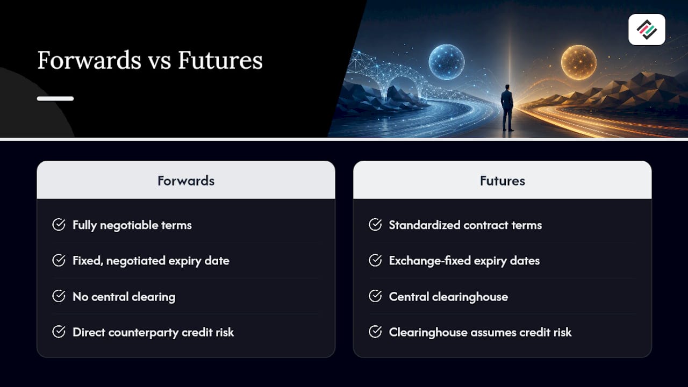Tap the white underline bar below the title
55,98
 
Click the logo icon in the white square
647,30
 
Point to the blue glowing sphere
446,62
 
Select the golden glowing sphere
579,62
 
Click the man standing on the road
507,108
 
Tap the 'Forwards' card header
186,181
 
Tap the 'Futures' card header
503,181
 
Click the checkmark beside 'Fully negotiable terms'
59,225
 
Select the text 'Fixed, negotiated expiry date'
151,261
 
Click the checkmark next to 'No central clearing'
59,296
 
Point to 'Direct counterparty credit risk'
153,332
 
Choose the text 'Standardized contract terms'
465,225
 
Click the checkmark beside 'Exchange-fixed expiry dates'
375,261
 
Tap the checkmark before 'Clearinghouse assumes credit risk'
375,332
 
